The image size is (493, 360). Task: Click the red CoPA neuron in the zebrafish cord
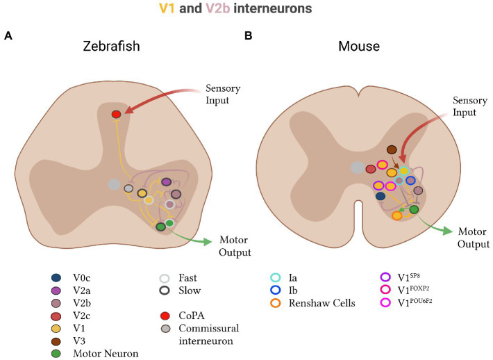pos(117,114)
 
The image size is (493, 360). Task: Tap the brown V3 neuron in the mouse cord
pos(392,149)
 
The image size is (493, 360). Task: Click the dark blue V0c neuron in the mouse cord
pos(381,197)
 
